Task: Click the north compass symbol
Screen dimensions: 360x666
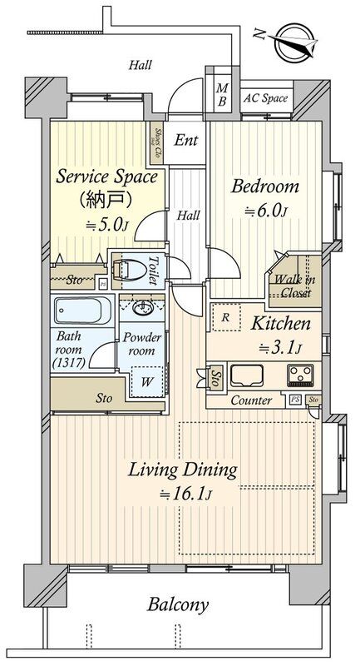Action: [293, 42]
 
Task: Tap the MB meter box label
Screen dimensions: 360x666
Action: [221, 94]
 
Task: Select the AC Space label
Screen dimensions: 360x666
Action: [265, 99]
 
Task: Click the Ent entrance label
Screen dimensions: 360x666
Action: [186, 140]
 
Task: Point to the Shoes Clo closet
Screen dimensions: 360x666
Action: [156, 142]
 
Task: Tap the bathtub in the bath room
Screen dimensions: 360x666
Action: [81, 310]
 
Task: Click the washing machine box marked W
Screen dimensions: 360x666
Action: [147, 381]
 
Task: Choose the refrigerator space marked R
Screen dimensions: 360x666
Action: [226, 317]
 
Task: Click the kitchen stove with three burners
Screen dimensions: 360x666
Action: [301, 375]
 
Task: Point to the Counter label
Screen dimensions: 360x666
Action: [251, 400]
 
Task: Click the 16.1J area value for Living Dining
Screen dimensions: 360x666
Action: [186, 495]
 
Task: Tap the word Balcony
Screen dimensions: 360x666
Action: [178, 605]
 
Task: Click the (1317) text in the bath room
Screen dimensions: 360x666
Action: [69, 362]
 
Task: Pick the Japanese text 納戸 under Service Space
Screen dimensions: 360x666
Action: [106, 198]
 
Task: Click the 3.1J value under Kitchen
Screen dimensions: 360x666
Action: [280, 348]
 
